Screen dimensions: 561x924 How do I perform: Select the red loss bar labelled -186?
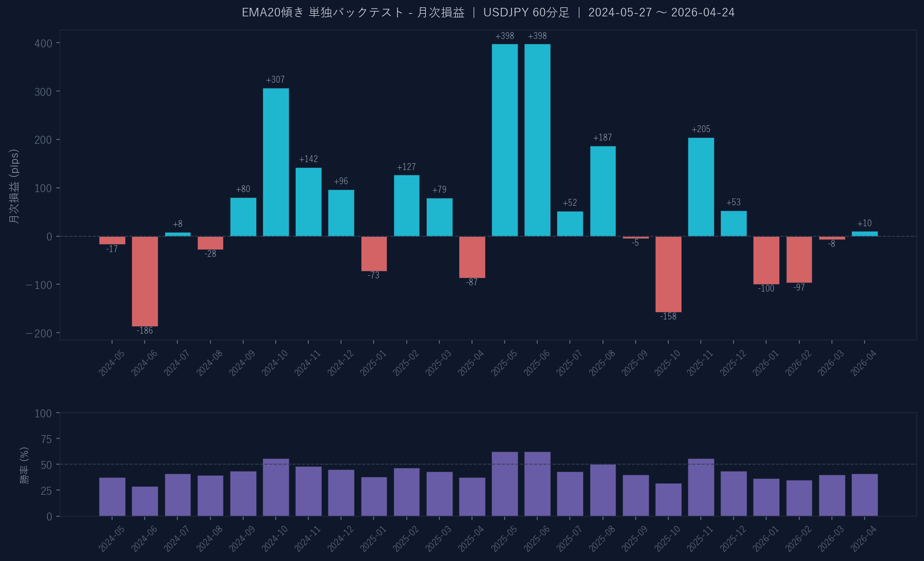pos(145,281)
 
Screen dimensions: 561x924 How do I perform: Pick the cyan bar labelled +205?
pos(701,187)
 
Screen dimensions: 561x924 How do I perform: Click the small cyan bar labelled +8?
pos(178,234)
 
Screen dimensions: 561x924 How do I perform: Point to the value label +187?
pos(602,138)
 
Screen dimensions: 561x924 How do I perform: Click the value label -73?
pos(374,276)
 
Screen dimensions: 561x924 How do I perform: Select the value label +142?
pos(308,159)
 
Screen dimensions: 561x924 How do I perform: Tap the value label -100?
pos(766,288)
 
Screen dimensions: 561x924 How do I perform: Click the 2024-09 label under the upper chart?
pos(242,363)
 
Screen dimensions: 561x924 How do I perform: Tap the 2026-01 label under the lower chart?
pos(766,539)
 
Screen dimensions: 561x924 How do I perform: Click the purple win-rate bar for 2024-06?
pos(145,501)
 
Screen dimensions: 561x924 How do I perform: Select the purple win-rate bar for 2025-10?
pos(668,499)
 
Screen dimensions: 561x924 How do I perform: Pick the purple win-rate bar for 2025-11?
pos(701,487)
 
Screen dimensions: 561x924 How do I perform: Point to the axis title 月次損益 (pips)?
pos(15,186)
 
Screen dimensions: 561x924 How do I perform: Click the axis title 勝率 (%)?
pos(24,465)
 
